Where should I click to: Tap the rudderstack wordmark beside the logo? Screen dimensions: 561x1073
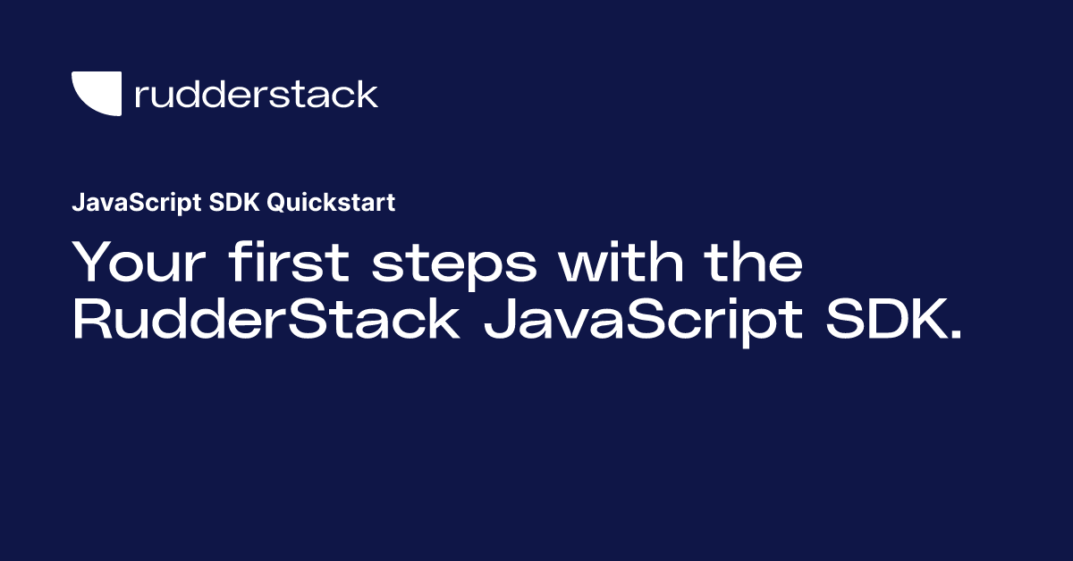point(256,94)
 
